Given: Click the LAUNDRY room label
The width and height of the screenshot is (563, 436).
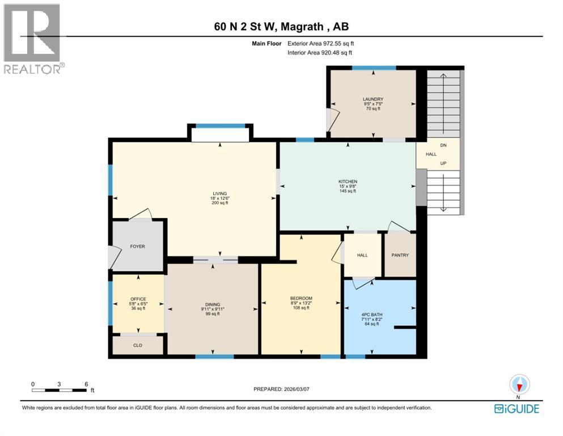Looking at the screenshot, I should pyautogui.click(x=373, y=99).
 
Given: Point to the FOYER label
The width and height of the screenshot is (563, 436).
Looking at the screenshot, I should pyautogui.click(x=138, y=247).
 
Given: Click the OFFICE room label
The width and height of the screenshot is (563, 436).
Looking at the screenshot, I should pyautogui.click(x=138, y=299).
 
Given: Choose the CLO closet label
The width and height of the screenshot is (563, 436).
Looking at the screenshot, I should pyautogui.click(x=138, y=345).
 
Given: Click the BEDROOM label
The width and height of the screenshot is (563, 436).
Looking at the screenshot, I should pyautogui.click(x=301, y=299).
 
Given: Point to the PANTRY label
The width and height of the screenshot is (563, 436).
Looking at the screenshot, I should pyautogui.click(x=400, y=255).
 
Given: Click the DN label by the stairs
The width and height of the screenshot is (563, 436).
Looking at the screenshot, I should pyautogui.click(x=443, y=146).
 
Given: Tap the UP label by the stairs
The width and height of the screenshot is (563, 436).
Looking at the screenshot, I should pyautogui.click(x=443, y=163).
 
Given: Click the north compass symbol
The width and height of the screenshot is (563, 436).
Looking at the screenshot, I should pyautogui.click(x=519, y=385).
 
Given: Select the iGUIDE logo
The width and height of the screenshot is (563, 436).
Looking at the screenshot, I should pyautogui.click(x=517, y=409).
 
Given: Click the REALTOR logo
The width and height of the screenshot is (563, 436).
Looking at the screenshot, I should pyautogui.click(x=33, y=39).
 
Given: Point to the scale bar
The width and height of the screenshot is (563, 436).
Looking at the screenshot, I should pyautogui.click(x=60, y=390).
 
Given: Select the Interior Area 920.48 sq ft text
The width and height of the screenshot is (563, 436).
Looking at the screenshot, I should pyautogui.click(x=319, y=53).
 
